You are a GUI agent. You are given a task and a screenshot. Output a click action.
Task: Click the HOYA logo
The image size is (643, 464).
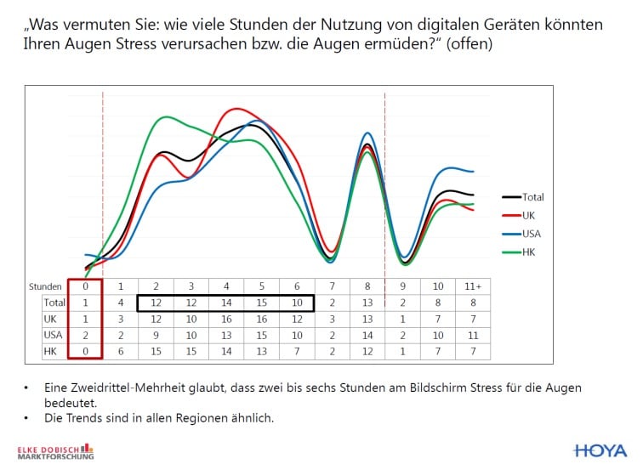[x=600, y=450]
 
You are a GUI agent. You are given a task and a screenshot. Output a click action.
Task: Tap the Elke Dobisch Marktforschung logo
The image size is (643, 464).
[x=56, y=450]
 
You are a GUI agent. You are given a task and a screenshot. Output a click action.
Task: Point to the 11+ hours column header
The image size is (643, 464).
[x=473, y=287]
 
